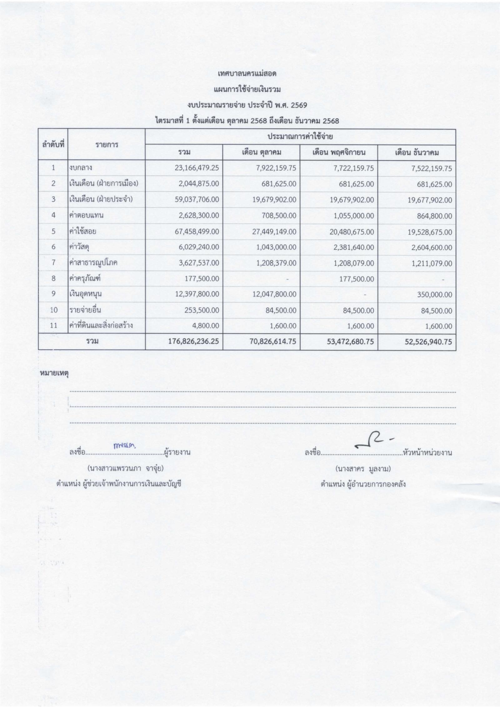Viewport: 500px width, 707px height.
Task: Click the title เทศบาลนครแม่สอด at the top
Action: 247,74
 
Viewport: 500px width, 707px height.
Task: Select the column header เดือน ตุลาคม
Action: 262,153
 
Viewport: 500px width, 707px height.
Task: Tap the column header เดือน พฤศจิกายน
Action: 339,153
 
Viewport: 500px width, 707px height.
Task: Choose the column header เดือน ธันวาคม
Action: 417,153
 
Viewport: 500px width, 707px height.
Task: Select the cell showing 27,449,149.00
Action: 274,232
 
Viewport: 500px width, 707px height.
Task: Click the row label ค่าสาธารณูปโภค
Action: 93,263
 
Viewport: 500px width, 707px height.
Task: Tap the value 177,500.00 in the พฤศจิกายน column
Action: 357,279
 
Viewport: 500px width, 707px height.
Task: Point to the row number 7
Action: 53,263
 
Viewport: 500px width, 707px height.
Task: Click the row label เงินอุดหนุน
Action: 86,294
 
